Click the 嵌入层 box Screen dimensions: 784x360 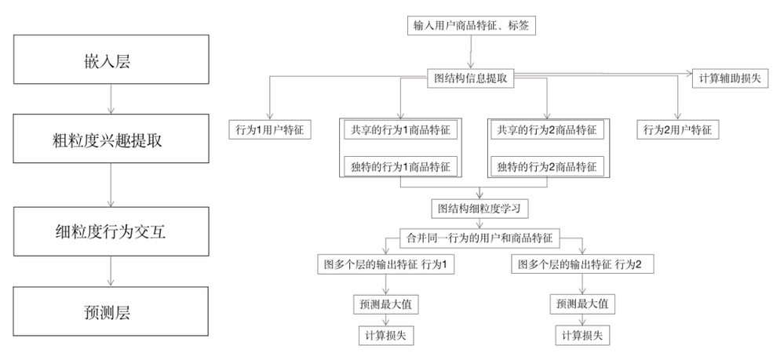(111, 59)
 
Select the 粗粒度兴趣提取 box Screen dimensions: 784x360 (111, 139)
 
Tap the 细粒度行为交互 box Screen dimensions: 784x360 (111, 231)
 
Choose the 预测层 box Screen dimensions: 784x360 (111, 311)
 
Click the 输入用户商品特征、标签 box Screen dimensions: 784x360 (471, 26)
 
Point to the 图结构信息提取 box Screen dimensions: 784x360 (471, 78)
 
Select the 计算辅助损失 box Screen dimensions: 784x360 (730, 78)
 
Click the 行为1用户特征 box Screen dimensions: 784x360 (270, 130)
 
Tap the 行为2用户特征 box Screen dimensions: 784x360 (678, 130)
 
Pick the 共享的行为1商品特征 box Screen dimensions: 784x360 (400, 130)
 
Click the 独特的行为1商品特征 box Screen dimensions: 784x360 (400, 166)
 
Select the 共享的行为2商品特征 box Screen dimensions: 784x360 (547, 130)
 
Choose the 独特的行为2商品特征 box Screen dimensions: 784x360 (547, 166)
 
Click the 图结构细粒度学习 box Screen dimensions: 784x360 (480, 209)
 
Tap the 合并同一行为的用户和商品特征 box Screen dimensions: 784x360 (480, 238)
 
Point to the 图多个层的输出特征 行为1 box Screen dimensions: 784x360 (386, 264)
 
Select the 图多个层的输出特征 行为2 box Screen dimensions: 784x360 (582, 264)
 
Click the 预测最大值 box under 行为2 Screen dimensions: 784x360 (582, 304)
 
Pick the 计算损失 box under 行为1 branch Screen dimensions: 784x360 (386, 336)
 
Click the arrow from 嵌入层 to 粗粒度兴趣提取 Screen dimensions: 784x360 (111, 99)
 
